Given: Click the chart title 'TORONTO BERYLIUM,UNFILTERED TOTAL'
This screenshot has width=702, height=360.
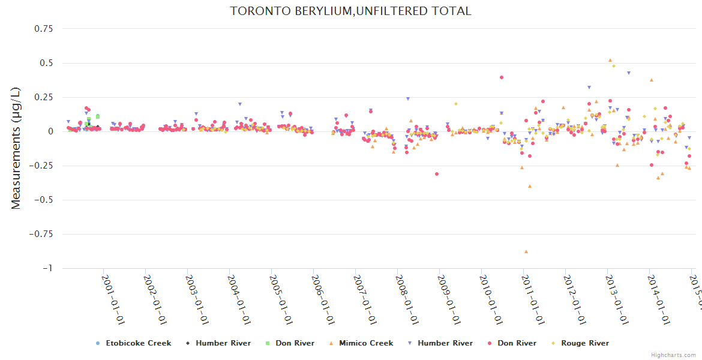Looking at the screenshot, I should coord(350,11).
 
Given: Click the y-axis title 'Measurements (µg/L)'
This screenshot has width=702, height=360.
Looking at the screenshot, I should coord(16,148).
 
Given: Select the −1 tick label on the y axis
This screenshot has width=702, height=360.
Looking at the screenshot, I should coord(47,268).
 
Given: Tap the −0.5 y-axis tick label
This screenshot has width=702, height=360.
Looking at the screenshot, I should coord(43,200).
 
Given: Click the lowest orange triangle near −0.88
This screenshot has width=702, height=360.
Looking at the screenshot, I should coord(526,251).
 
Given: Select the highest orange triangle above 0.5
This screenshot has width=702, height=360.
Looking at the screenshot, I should coord(610,60).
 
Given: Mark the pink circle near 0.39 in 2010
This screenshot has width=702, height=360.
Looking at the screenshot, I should coord(501,77).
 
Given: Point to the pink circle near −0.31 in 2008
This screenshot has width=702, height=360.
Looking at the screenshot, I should coord(437,174).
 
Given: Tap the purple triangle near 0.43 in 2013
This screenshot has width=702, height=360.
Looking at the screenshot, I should coord(628,73).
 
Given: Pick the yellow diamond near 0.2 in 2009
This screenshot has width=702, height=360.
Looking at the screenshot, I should coord(455,104).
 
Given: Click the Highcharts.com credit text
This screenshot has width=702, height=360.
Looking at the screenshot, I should coord(673,355).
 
